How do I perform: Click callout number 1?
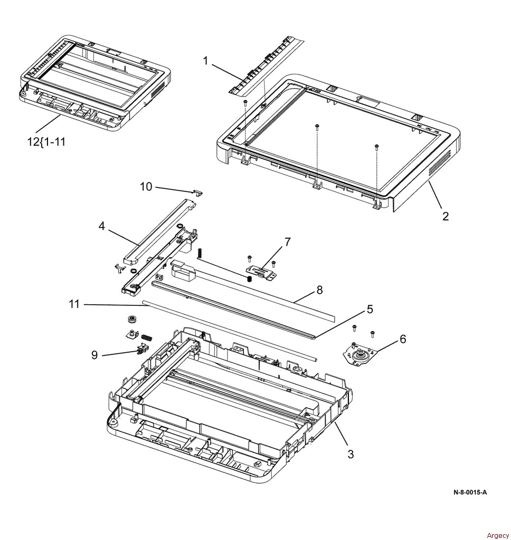206,61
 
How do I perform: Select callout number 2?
446,216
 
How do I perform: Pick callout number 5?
370,310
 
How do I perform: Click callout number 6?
402,339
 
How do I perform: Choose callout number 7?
287,242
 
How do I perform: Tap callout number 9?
94,355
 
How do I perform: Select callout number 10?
146,186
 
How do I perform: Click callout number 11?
74,304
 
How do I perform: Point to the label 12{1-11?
47,141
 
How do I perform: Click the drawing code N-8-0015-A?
470,493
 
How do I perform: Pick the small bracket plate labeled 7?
261,272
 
